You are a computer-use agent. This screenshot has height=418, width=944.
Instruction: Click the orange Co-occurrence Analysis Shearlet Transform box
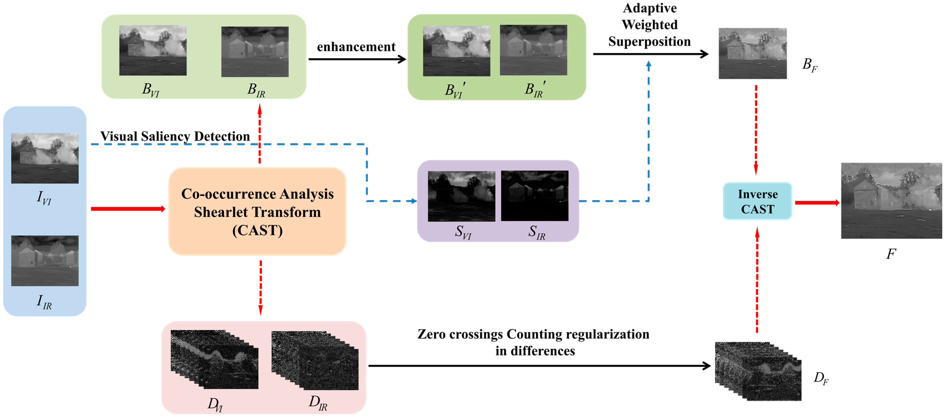coord(257,211)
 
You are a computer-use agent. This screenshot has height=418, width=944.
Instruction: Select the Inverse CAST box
coord(757,201)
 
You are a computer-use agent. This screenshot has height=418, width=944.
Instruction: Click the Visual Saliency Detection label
coord(175,136)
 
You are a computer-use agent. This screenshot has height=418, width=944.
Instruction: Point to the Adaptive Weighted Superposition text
coord(649,25)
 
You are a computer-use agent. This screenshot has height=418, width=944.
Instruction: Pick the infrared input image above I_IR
coord(45,261)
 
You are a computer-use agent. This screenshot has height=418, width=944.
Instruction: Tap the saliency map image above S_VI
coord(461,196)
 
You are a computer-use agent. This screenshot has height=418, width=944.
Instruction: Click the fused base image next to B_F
coord(752,54)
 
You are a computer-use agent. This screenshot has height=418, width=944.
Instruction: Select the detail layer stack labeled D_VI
coord(214,359)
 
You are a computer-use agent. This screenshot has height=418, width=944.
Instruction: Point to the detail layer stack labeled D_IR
coord(315,361)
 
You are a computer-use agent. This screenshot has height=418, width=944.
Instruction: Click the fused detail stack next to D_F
coord(758,371)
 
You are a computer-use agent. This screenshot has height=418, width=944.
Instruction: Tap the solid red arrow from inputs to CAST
coord(127,209)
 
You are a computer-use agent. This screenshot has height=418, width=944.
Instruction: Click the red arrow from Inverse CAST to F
coord(817,202)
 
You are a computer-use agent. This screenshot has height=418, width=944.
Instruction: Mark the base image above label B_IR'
coord(533,50)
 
